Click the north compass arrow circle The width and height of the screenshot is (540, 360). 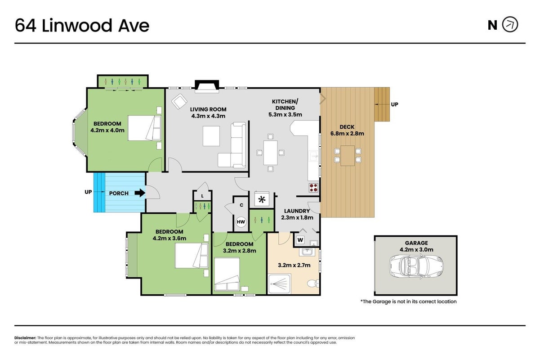[x=510, y=24]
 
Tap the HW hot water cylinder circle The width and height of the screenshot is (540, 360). [x=241, y=222]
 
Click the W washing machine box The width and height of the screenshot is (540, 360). [x=300, y=240]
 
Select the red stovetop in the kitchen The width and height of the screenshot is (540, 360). [x=314, y=188]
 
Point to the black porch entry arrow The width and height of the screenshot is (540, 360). [x=140, y=193]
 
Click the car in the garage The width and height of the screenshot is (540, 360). [x=416, y=266]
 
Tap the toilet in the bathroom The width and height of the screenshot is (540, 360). [x=313, y=283]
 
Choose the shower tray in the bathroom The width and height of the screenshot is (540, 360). [x=279, y=284]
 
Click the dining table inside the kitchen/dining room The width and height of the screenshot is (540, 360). [x=270, y=153]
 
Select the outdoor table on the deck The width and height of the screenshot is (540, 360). [x=348, y=156]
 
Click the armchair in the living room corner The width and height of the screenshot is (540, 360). [x=179, y=101]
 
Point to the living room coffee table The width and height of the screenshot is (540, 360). [x=211, y=136]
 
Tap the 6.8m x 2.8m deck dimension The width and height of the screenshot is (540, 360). [x=347, y=134]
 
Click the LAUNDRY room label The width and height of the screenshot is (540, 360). [x=297, y=211]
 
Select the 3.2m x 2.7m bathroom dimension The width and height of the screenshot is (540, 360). [x=294, y=265]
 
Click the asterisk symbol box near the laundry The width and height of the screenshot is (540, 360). [x=262, y=199]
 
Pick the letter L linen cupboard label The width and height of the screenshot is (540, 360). [x=202, y=196]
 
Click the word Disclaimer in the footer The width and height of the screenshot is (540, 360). [x=25, y=338]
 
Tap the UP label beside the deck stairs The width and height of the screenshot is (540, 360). [x=394, y=104]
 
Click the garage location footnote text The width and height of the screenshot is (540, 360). [x=408, y=301]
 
